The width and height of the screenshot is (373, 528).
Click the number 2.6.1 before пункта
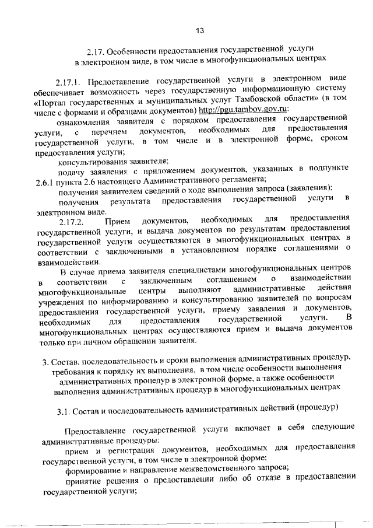(44, 180)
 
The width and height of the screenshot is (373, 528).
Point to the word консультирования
(95, 160)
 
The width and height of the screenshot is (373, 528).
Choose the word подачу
(71, 170)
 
